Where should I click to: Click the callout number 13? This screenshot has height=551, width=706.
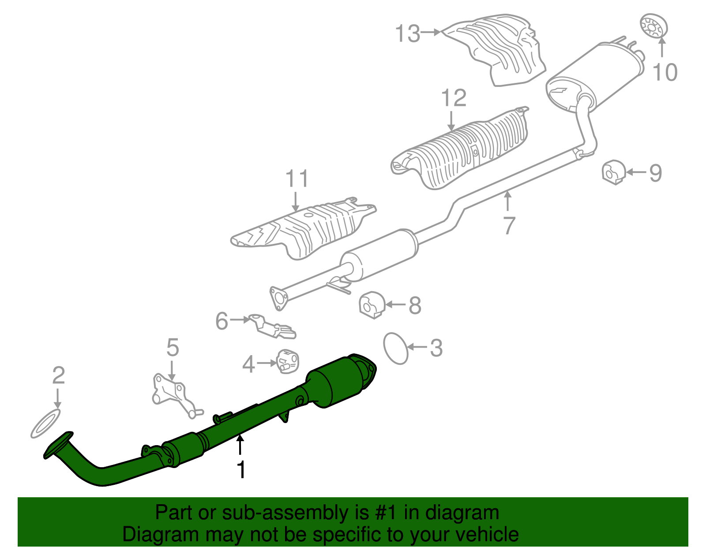point(407,34)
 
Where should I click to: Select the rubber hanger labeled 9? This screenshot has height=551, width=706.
point(613,172)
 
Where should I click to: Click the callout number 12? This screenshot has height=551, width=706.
point(454,98)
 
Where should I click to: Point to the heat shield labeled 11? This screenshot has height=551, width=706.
point(304,229)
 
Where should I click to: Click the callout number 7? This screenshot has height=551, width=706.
point(509,226)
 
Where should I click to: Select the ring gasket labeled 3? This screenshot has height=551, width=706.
point(396,348)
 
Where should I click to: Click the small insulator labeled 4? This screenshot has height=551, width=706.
point(288,361)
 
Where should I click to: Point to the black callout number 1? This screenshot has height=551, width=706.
point(241,469)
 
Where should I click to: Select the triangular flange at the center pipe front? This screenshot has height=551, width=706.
point(278,298)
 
